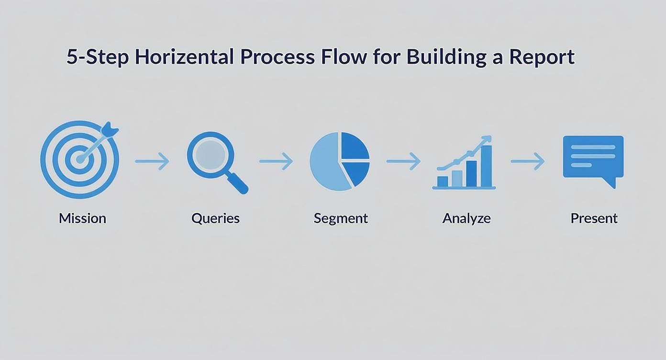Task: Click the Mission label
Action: click(x=82, y=218)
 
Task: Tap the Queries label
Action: click(x=215, y=218)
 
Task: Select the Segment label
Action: click(x=341, y=218)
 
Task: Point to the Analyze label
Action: click(x=466, y=218)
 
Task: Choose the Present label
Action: click(x=594, y=218)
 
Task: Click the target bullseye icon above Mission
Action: click(x=79, y=159)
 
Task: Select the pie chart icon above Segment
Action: click(x=340, y=161)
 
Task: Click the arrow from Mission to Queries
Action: click(x=152, y=161)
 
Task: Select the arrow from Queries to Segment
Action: click(x=276, y=161)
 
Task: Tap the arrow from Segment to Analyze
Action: click(x=403, y=161)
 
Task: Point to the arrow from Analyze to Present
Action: click(x=528, y=161)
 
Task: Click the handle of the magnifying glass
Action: click(x=237, y=183)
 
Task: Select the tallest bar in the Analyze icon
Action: click(x=486, y=166)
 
